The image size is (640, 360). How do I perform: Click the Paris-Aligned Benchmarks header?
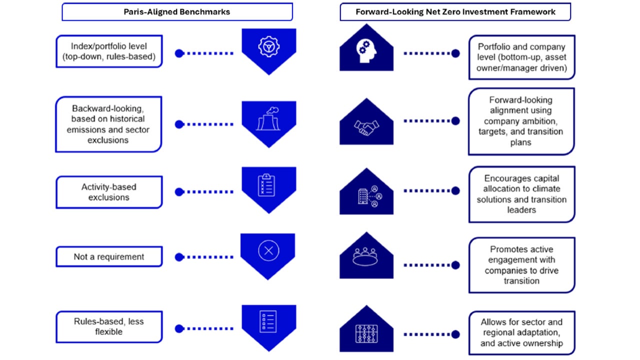pos(177,12)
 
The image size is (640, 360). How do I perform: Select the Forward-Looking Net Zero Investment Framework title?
pos(455,12)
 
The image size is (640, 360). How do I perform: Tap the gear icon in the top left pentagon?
pos(268,46)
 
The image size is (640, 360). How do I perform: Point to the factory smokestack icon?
pos(268,119)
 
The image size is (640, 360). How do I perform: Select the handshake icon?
pos(366,128)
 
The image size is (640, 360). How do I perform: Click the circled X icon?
pos(268,250)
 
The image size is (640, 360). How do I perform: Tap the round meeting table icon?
pos(366,256)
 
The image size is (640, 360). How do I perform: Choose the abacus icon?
pos(366,333)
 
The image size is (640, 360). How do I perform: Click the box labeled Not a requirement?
pos(109,257)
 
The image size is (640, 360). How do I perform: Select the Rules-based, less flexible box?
pos(109,326)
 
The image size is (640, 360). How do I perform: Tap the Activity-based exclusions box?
pos(109,192)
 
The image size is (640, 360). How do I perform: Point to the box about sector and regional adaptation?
pos(521,332)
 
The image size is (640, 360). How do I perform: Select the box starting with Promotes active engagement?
pos(521,265)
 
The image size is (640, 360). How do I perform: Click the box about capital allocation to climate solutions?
pos(521,194)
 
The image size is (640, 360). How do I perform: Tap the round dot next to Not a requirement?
pos(179,257)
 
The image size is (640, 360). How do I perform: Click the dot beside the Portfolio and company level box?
pos(455,53)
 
